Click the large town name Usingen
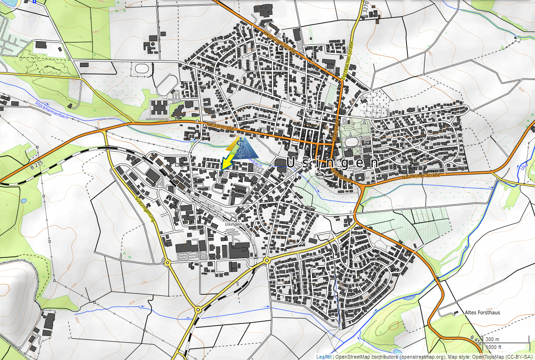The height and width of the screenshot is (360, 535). pos(332,163)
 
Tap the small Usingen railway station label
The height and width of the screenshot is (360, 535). pos(233,224)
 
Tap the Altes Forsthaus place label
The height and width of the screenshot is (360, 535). pos(482,312)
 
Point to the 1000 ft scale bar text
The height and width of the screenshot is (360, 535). pos(493,347)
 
